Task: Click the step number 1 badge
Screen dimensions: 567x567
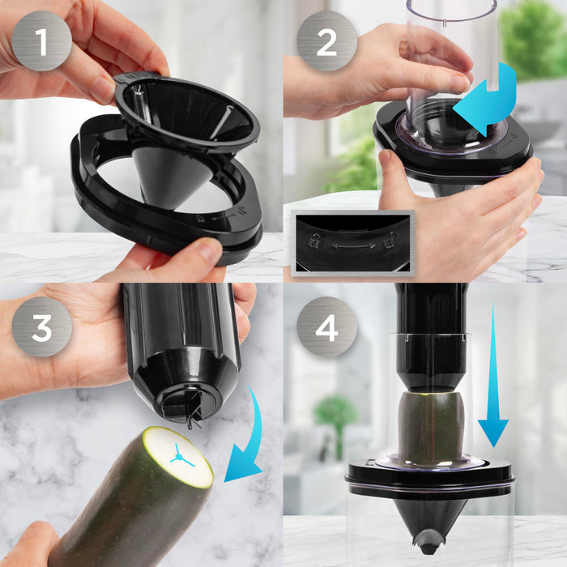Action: pyautogui.click(x=42, y=41)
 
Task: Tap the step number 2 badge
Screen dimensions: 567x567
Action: pyautogui.click(x=326, y=41)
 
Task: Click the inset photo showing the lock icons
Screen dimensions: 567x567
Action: pyautogui.click(x=352, y=243)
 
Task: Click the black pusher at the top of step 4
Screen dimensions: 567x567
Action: pyautogui.click(x=430, y=332)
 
